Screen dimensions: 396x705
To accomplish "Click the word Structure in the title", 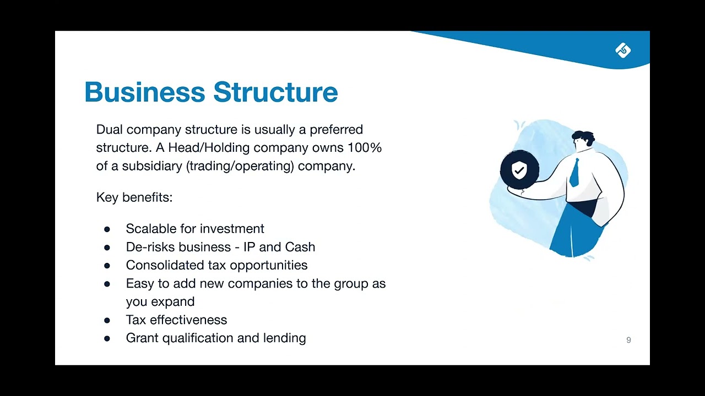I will [x=275, y=92].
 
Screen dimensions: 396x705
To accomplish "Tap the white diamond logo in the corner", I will [x=623, y=51].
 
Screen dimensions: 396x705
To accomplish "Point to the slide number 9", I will [x=628, y=340].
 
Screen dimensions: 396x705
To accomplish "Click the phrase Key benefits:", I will [x=134, y=197].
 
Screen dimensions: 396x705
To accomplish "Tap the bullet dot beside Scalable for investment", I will [x=107, y=229].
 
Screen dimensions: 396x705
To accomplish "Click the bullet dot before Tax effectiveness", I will [x=107, y=321].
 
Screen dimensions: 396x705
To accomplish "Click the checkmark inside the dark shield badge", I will [x=519, y=170].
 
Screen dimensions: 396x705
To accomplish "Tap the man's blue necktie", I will [x=575, y=172].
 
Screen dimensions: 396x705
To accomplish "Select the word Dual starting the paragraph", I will [x=110, y=130].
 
